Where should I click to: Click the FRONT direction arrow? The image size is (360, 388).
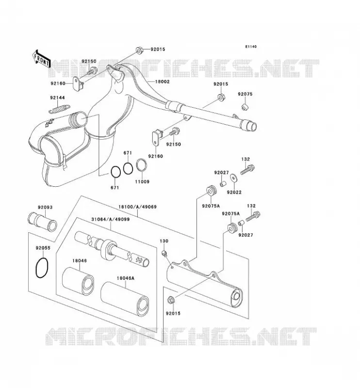point(42,59)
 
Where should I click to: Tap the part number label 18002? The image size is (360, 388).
point(162,81)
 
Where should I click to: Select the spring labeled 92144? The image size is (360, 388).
point(59,109)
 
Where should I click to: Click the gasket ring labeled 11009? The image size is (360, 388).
point(142,165)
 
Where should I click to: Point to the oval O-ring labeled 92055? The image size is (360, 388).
point(42,268)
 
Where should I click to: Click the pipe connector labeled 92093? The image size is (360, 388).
point(42,222)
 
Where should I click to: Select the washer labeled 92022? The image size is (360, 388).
point(233,178)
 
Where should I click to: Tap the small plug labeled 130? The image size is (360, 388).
point(164,253)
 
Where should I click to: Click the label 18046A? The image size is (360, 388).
point(125,278)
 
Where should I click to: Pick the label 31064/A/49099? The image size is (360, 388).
point(111,219)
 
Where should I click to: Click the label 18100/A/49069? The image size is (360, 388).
point(137,207)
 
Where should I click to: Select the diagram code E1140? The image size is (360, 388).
point(251,47)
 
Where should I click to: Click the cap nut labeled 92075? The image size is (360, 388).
point(245,107)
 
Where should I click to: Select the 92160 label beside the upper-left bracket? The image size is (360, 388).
point(58,83)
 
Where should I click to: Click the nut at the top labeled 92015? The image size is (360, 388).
point(139,50)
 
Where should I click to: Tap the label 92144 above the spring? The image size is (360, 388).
point(57,98)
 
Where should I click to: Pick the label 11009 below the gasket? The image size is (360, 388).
point(142,181)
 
